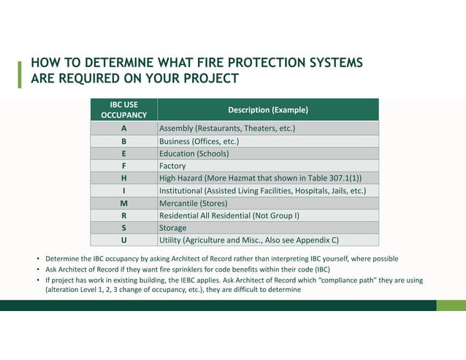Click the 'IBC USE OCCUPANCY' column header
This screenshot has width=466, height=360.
(123, 110)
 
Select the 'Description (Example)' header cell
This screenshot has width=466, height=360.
(267, 110)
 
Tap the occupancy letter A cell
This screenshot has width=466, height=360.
(123, 129)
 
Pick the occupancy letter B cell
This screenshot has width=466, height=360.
(123, 141)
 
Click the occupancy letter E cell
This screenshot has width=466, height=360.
(123, 153)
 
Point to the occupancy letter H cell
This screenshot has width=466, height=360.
(123, 178)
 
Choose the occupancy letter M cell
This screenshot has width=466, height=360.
(123, 203)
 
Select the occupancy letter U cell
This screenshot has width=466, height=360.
(123, 240)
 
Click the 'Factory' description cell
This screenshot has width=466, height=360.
(172, 166)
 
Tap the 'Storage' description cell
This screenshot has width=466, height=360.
(173, 227)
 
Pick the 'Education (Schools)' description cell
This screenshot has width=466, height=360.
(194, 153)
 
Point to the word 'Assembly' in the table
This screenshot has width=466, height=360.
(177, 129)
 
